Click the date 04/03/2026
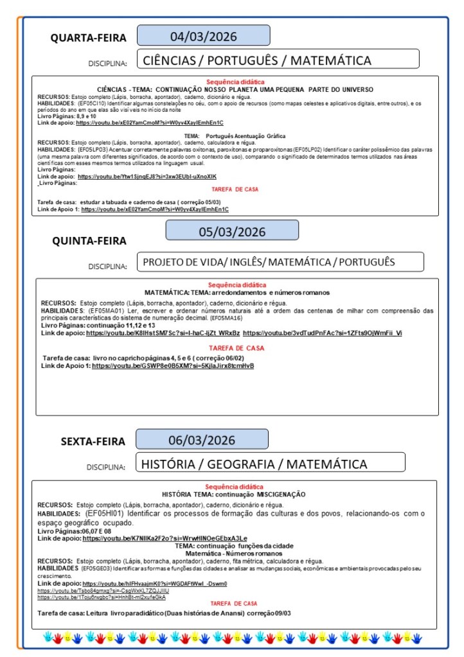(203, 35)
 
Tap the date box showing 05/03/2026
(232, 231)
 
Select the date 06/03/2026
(202, 440)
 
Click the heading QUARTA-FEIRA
(89, 38)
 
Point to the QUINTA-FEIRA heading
(89, 241)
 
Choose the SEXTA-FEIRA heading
(89, 442)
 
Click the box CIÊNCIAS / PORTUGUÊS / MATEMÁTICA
(278, 60)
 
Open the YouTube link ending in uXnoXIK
(147, 176)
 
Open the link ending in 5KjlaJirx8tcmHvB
(173, 365)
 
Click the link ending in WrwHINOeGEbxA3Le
(165, 538)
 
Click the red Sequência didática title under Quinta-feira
(236, 285)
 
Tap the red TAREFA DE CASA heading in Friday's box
(234, 604)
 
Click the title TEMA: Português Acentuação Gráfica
(236, 137)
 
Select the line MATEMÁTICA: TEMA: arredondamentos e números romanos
(236, 292)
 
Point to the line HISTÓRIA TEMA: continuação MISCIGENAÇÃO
(233, 495)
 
